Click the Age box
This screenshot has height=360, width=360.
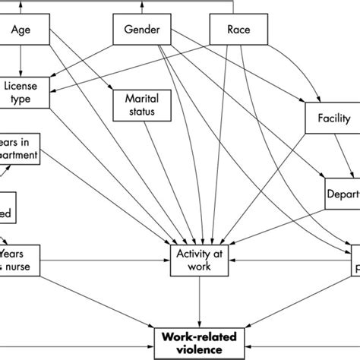[27, 31]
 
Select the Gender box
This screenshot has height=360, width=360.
[141, 31]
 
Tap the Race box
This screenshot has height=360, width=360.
[236, 31]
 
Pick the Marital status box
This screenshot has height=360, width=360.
[139, 105]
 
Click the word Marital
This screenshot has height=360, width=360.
[139, 98]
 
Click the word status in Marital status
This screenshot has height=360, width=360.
[139, 112]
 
